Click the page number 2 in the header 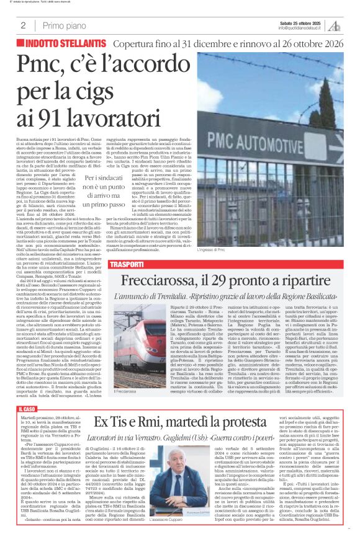(x=23, y=25)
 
